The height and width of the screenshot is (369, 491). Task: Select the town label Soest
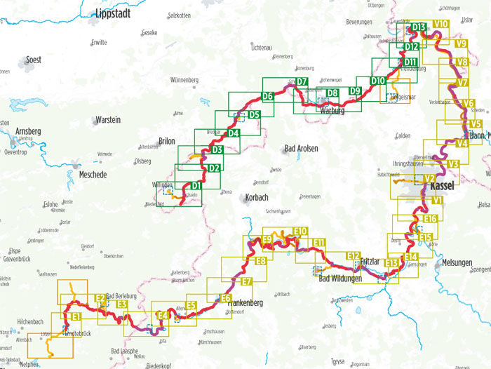[x=33, y=60]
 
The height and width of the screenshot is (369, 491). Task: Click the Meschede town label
[x=93, y=175]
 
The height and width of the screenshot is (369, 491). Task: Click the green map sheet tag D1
[x=196, y=185]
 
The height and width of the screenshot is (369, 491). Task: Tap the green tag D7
[x=302, y=82]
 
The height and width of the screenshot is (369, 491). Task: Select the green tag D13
[x=419, y=27]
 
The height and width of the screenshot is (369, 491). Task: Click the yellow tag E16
[x=430, y=219]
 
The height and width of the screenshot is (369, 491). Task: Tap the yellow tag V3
[x=452, y=164]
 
